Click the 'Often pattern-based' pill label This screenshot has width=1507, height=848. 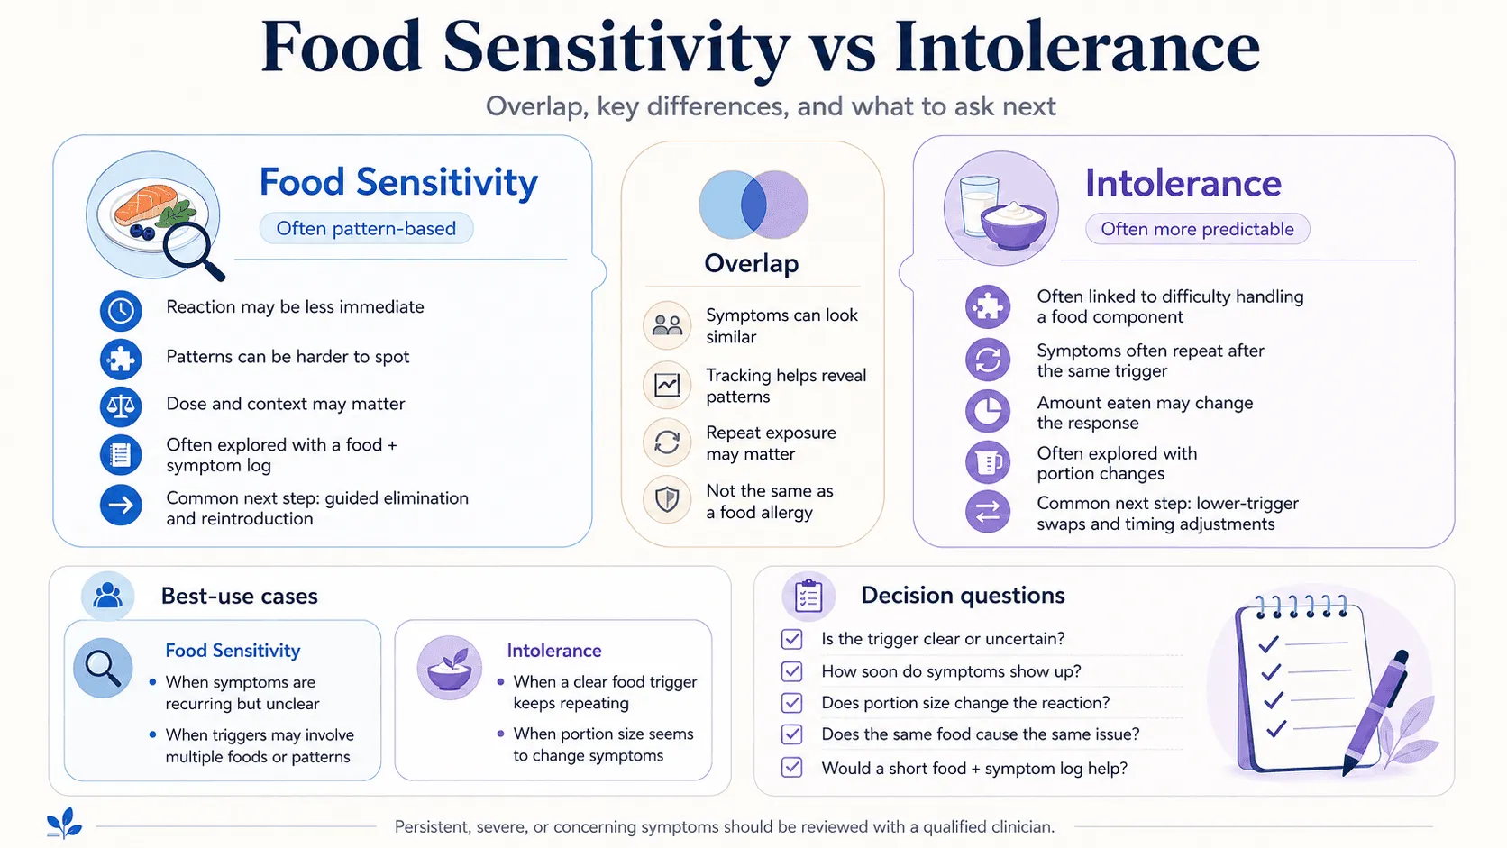click(x=366, y=229)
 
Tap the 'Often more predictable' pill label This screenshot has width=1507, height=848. click(x=1197, y=229)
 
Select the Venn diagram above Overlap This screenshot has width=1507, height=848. click(x=753, y=205)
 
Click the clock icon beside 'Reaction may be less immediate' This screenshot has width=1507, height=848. click(x=121, y=311)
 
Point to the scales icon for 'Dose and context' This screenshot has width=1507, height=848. click(x=121, y=406)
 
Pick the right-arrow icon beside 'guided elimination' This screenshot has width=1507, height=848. click(x=121, y=505)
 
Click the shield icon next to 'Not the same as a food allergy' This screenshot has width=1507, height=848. click(x=667, y=499)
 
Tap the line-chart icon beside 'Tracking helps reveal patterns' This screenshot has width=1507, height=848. click(x=667, y=386)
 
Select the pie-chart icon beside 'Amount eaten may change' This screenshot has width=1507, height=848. click(x=988, y=411)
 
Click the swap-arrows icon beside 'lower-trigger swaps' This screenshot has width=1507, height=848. click(x=988, y=513)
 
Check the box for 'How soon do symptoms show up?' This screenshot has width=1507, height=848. click(x=792, y=671)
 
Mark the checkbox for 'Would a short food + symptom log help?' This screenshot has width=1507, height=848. click(x=792, y=767)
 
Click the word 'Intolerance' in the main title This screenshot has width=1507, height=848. click(x=1076, y=46)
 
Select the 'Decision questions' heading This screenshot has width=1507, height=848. click(x=963, y=595)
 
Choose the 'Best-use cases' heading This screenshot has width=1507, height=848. click(x=239, y=596)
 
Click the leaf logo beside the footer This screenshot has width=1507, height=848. click(x=65, y=823)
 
